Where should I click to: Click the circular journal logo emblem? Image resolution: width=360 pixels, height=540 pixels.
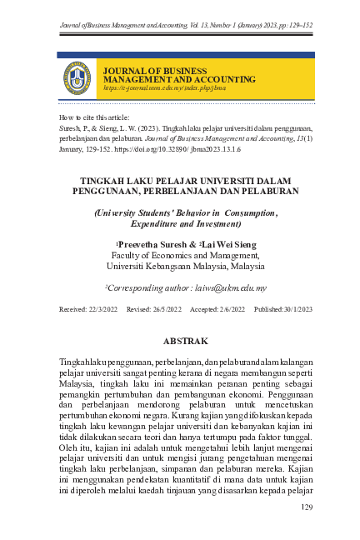point(77,78)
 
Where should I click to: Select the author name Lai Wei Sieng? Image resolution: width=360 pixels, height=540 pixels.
point(227,244)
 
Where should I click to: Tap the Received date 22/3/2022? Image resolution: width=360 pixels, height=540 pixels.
point(92,309)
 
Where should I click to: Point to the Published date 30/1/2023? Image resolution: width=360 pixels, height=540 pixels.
point(289,309)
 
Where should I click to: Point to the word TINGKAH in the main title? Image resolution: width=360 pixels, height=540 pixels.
point(102,179)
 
